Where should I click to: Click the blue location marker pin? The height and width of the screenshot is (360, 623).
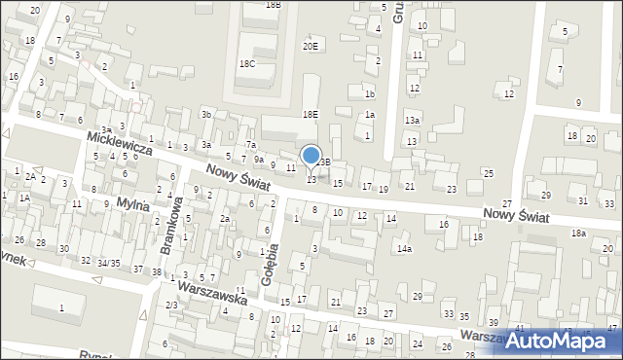(311, 156)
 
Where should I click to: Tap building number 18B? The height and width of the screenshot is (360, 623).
(274, 5)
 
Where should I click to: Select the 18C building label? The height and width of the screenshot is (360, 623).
(247, 64)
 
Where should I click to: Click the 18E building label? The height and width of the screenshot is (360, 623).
(310, 115)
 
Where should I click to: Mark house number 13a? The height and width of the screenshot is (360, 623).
(413, 120)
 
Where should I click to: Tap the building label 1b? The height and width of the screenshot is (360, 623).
(369, 94)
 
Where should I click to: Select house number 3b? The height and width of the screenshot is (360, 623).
(206, 115)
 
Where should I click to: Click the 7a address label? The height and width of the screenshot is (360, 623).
(250, 145)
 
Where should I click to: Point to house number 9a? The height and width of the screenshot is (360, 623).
(259, 159)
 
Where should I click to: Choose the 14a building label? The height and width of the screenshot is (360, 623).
(403, 249)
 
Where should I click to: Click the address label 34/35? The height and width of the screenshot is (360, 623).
(107, 263)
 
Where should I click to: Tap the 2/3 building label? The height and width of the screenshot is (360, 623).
(171, 306)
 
